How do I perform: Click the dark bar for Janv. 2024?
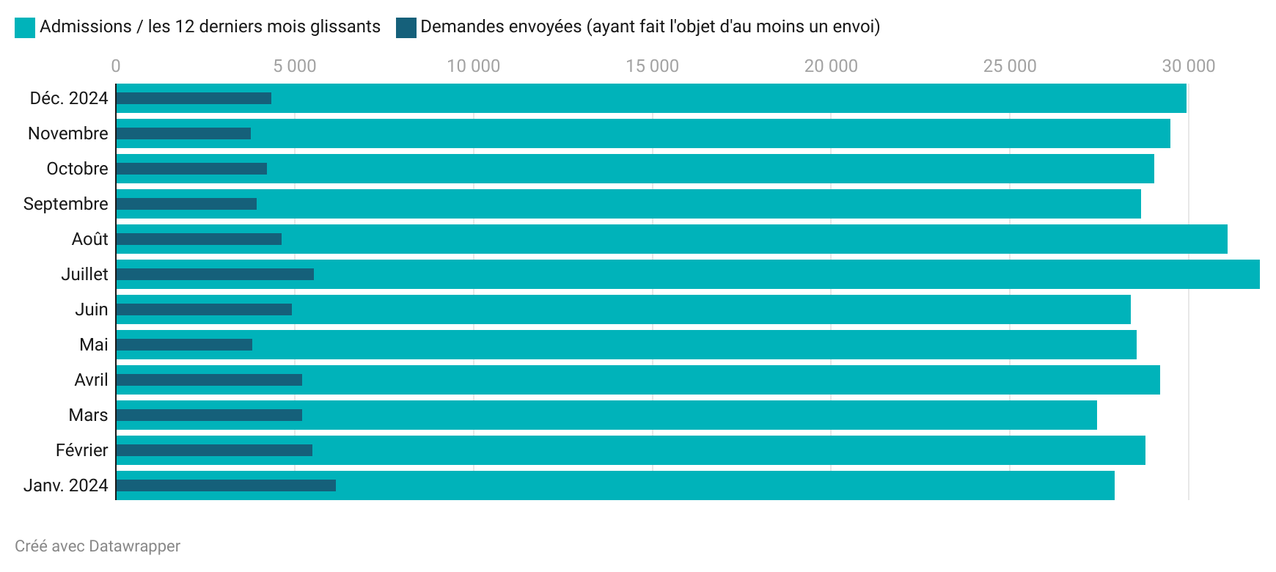click(226, 485)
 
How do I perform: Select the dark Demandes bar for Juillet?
click(215, 274)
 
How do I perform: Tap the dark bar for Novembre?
click(183, 133)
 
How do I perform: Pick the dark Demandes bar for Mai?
click(184, 345)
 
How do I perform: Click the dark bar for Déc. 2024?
click(194, 98)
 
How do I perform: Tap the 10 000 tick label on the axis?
click(473, 66)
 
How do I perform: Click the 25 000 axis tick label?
click(1010, 66)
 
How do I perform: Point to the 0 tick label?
click(116, 66)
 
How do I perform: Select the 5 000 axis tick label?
click(295, 66)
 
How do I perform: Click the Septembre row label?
click(65, 204)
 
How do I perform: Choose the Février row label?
click(81, 450)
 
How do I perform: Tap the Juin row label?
click(91, 309)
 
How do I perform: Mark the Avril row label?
click(91, 380)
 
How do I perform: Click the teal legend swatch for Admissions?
click(25, 28)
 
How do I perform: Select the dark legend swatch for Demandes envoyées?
click(406, 28)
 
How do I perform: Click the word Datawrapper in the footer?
click(134, 546)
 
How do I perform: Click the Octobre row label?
click(77, 169)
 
